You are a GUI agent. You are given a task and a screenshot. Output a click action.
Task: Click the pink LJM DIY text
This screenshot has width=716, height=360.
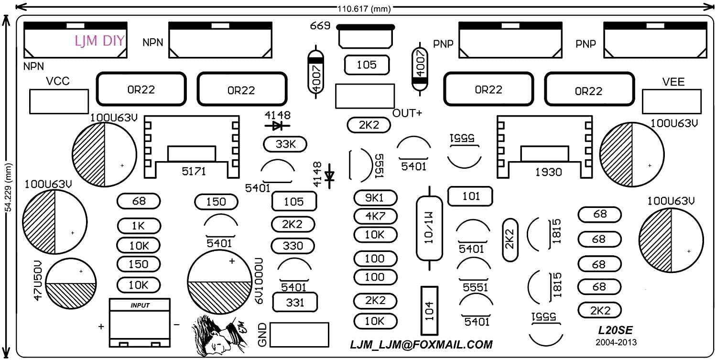(x=99, y=41)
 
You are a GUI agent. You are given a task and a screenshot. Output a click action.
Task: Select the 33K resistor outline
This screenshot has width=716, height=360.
(x=285, y=144)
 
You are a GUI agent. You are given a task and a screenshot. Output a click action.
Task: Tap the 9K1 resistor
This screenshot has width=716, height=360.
(x=375, y=197)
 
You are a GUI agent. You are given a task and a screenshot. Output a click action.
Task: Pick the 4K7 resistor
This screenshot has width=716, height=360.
(x=375, y=216)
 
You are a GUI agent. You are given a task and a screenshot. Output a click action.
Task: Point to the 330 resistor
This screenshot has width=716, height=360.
(x=293, y=246)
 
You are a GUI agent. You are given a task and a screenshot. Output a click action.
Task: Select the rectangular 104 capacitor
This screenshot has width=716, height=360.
(x=429, y=311)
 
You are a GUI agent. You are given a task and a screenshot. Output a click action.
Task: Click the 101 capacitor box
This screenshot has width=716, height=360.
(x=470, y=196)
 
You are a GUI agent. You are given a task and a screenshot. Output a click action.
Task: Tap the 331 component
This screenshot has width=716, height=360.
(x=294, y=302)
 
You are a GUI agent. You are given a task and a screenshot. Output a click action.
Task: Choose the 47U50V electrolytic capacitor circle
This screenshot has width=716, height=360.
(x=71, y=283)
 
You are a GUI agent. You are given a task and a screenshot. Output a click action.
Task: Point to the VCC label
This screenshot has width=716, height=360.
(x=58, y=82)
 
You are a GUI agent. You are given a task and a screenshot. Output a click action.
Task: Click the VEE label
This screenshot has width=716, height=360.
(x=673, y=82)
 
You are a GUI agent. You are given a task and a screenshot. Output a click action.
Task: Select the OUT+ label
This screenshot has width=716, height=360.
(x=407, y=113)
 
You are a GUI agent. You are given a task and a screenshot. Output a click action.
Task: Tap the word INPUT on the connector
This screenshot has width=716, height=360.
(x=140, y=305)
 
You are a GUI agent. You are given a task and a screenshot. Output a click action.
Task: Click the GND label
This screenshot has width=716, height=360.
(x=262, y=335)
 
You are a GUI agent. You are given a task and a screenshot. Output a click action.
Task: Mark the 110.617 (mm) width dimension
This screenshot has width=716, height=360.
(x=363, y=8)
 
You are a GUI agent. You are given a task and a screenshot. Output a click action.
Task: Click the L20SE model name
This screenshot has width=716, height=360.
(x=616, y=330)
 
